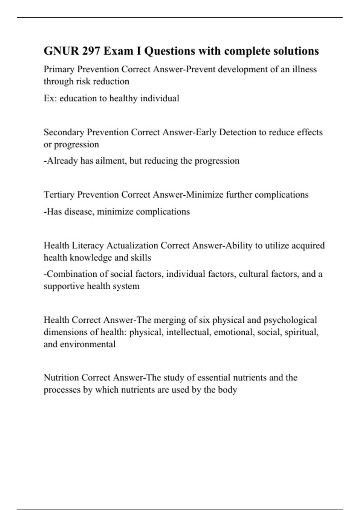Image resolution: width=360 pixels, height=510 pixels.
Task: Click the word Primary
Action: pos(59,70)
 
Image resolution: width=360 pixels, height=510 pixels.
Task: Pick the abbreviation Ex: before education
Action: pos(50,98)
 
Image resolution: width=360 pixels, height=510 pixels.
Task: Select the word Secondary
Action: pos(64,132)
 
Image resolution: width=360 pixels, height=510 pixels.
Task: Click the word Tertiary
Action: pos(59,195)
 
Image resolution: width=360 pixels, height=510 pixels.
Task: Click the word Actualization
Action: pos(132,246)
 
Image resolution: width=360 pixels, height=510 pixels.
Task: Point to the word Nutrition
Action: pos(61,377)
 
